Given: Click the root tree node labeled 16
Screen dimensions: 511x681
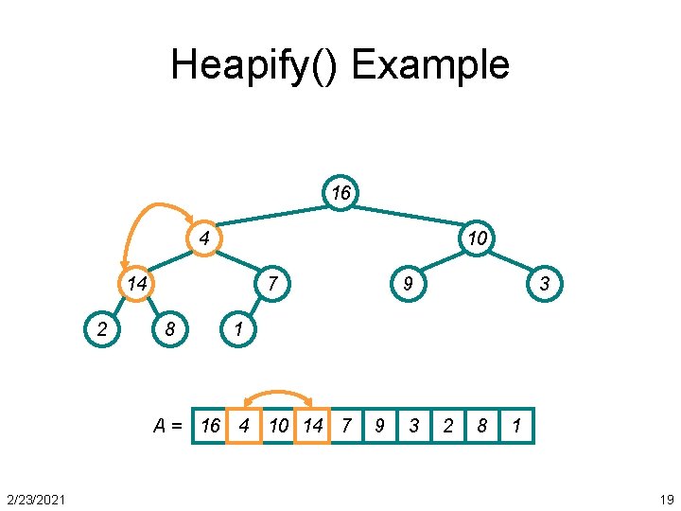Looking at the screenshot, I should tap(340, 193).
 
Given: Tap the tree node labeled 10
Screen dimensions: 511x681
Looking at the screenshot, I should tap(477, 238).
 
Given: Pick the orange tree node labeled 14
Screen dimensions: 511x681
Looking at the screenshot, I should tap(136, 283).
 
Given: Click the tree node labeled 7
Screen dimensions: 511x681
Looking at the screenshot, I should tap(271, 283).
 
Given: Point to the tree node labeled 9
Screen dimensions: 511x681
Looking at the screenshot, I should tap(408, 283).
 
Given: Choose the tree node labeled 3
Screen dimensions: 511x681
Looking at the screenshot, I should tap(545, 283).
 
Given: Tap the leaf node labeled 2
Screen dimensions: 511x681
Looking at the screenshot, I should tap(101, 328).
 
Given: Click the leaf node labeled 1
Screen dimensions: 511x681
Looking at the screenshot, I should tap(238, 329).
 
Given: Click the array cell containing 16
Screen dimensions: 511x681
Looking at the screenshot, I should tap(210, 426).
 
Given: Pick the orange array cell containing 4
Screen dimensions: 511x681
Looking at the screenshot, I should tap(244, 426).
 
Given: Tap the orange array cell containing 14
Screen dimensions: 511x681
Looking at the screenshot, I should tap(312, 426).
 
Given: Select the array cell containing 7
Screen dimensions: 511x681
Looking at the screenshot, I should tap(346, 426).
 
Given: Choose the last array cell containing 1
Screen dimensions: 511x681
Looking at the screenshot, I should tap(516, 426).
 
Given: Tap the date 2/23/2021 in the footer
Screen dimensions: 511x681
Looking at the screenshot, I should tap(36, 499).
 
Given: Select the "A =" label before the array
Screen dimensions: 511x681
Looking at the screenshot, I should tap(167, 426).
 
